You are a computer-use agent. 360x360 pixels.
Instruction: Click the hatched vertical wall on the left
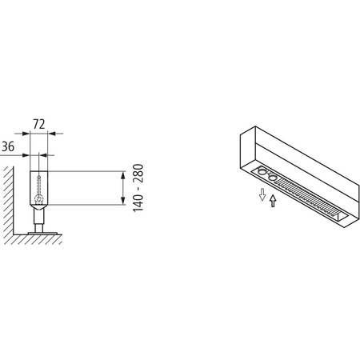6,200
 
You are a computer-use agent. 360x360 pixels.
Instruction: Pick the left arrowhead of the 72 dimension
29,134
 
